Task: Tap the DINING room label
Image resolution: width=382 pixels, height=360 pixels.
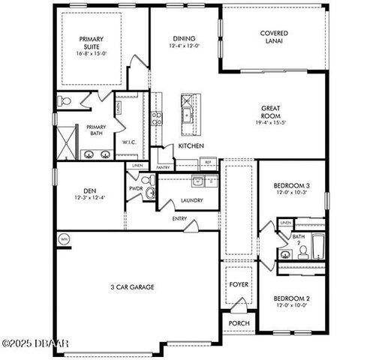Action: click(x=183, y=40)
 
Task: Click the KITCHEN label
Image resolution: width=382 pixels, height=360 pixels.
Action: click(x=191, y=145)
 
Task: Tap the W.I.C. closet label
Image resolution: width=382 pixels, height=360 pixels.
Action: click(x=130, y=142)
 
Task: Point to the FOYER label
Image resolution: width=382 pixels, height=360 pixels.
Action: click(x=239, y=284)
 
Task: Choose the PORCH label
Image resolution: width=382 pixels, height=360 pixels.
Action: click(x=239, y=322)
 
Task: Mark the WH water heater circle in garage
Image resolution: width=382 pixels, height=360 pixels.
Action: click(x=63, y=239)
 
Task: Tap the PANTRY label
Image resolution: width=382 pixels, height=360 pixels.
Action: click(x=163, y=167)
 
